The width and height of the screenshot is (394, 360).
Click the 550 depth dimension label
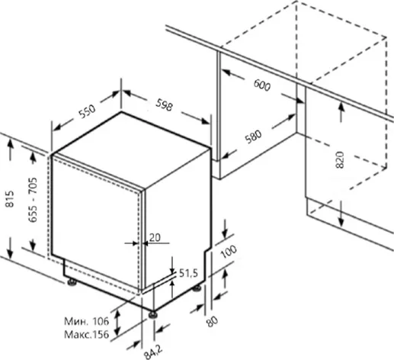[87, 111]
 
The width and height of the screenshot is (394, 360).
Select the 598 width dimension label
[165, 104]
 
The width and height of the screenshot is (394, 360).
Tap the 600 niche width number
[262, 85]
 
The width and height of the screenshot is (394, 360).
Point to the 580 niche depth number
[253, 137]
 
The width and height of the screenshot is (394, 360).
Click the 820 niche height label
[340, 159]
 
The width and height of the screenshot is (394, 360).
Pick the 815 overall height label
[10, 199]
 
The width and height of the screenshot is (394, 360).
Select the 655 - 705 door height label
[33, 200]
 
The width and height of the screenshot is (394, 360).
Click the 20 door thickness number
[155, 237]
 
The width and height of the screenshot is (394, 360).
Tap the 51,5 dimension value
[188, 273]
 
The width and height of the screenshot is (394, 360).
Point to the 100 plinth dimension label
[229, 252]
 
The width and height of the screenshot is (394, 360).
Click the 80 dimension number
[212, 321]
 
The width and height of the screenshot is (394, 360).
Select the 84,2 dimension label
[153, 352]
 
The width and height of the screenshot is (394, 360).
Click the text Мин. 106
[86, 321]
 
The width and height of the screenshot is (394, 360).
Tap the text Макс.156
[86, 334]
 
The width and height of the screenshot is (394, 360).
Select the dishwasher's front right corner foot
[153, 315]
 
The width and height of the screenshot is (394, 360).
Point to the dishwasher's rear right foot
[197, 288]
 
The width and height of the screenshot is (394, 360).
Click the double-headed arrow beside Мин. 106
[117, 323]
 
